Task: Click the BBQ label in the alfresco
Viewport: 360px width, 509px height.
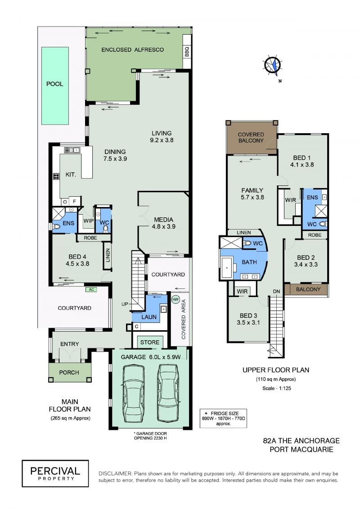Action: click(187, 52)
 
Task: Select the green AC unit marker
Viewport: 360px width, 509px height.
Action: click(91, 289)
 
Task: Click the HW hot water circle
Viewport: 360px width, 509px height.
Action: click(175, 299)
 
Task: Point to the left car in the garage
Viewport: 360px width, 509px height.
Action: click(134, 393)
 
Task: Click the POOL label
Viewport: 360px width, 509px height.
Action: click(54, 84)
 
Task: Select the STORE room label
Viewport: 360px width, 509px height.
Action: click(150, 342)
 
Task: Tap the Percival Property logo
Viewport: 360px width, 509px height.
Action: click(55, 473)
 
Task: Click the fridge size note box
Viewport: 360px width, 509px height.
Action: click(223, 419)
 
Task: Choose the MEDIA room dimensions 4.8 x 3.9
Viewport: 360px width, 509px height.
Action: click(164, 226)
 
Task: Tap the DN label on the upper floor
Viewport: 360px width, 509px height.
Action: click(276, 292)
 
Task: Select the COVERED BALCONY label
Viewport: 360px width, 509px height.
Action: click(251, 137)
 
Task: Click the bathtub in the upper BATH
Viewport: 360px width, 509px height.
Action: click(227, 268)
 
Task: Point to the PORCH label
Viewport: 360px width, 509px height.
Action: click(69, 372)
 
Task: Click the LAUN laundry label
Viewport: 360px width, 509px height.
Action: click(148, 317)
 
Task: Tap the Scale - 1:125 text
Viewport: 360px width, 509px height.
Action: click(277, 388)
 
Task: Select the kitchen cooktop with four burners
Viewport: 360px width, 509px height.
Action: click(56, 176)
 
